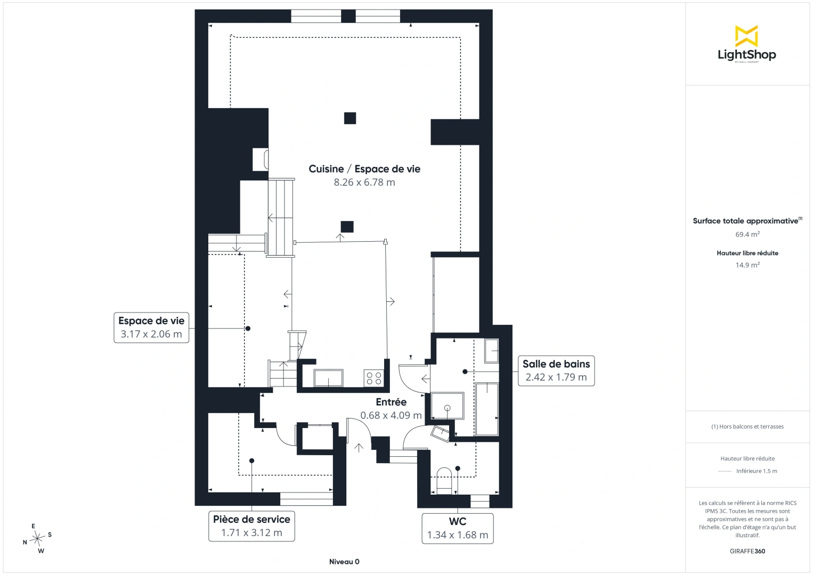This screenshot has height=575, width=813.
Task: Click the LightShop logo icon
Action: click(746, 36)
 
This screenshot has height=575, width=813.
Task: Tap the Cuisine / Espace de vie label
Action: click(364, 169)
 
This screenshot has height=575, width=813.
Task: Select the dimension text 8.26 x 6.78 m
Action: click(364, 182)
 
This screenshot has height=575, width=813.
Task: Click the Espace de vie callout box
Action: click(151, 327)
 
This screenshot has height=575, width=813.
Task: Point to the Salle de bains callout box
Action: click(556, 371)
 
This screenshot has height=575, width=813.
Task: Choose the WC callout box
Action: click(457, 528)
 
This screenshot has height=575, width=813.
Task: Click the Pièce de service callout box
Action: click(251, 526)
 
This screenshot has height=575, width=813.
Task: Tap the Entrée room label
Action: click(391, 402)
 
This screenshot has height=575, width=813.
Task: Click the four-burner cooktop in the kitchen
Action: click(374, 378)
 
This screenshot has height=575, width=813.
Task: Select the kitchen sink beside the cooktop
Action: click(328, 378)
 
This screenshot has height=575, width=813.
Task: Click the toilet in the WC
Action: click(444, 481)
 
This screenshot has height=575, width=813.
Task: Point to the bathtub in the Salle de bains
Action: click(487, 408)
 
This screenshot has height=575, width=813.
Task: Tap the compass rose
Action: click(37, 538)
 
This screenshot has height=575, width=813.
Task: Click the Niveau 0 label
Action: click(344, 562)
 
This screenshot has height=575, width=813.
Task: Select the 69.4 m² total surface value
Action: click(747, 234)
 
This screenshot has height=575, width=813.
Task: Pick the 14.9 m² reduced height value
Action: click(747, 265)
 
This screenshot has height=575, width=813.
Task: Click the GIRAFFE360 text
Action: click(747, 551)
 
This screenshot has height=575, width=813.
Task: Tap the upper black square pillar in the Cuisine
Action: click(350, 118)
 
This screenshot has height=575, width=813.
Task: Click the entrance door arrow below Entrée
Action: click(359, 448)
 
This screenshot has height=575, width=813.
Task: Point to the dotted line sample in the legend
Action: click(725, 471)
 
